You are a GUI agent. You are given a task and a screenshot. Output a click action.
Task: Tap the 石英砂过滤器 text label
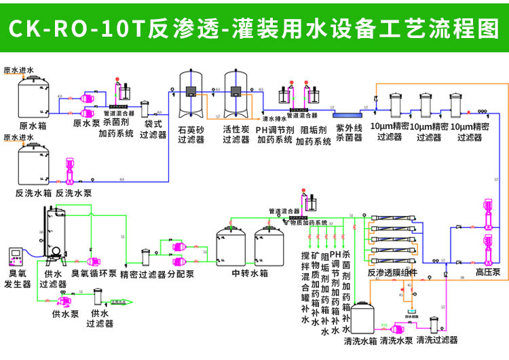(191, 134)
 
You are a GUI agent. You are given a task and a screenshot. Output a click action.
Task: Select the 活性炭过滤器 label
(236, 134)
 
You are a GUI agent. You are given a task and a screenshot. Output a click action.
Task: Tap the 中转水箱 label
(249, 274)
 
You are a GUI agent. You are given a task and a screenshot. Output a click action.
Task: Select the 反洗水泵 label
(73, 193)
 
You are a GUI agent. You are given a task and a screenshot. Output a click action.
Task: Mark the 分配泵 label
(181, 274)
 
